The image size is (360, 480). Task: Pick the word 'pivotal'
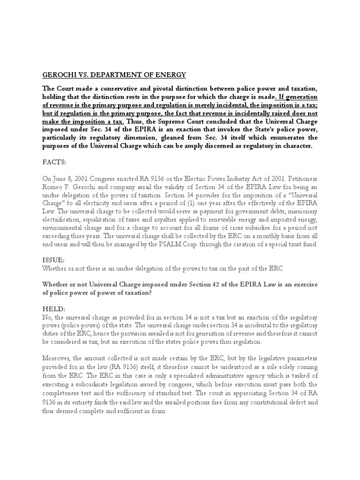[x=171, y=89]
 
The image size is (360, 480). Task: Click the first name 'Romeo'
[x=53, y=187]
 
